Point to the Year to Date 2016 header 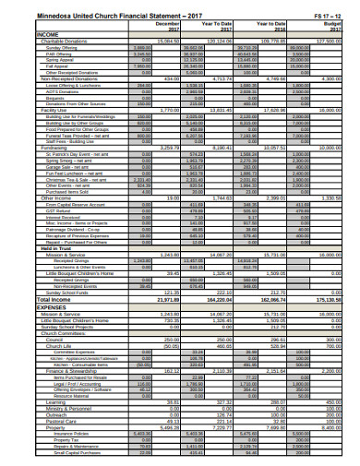click(x=267, y=27)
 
